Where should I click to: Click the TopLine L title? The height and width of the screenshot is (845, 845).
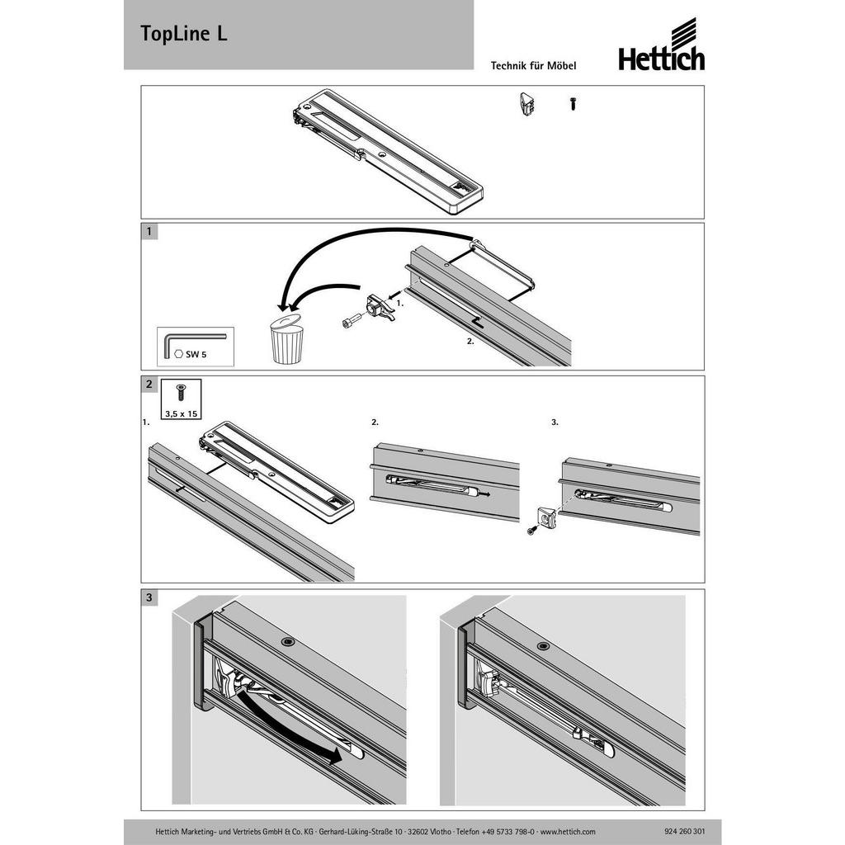pos(184,33)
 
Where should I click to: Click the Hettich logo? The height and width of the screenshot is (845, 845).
pos(661,45)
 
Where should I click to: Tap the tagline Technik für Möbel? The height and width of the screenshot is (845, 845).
pos(533,66)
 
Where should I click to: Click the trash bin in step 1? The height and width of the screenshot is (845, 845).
pos(286,339)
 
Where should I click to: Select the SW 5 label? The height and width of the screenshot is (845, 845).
pos(196,355)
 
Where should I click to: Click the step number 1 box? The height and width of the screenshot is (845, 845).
pos(149,232)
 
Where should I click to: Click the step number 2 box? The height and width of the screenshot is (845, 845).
pos(149,385)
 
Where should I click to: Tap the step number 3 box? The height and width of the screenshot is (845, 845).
pos(149,597)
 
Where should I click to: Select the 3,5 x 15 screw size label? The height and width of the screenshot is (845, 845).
pos(181,414)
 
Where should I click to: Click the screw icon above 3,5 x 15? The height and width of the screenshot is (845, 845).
pos(181,392)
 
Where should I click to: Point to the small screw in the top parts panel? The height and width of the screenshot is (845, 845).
pos(574,103)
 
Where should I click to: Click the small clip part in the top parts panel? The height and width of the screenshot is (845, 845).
pos(526,105)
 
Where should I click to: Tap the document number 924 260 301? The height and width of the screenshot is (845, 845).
pos(681,832)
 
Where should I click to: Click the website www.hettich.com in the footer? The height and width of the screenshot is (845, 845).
pos(568,832)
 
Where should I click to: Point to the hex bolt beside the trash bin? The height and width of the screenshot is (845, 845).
pos(351,321)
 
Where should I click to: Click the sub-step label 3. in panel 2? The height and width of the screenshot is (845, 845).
pos(555,422)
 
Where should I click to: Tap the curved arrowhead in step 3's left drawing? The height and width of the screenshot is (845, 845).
pos(335,757)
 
